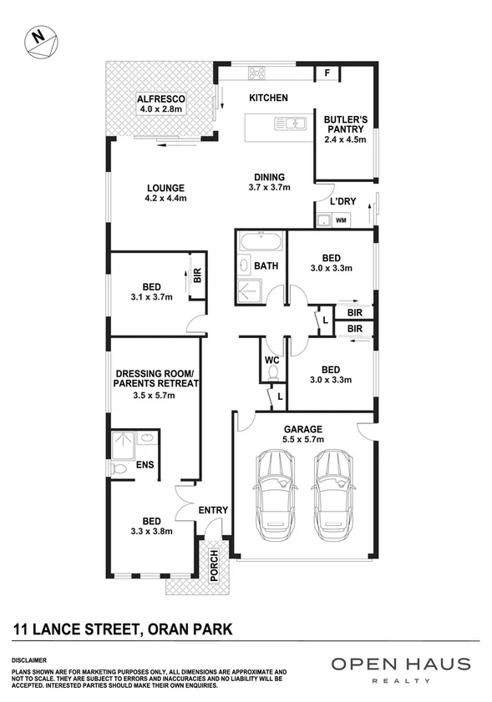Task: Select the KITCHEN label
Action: coord(268,98)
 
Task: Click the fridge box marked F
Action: coord(327,73)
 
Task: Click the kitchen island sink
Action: coord(292,124)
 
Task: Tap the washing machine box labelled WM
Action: coord(340,220)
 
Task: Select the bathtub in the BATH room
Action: coord(261,244)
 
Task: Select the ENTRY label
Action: coord(212,510)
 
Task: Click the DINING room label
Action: coord(266,177)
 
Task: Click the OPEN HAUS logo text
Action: coord(400,664)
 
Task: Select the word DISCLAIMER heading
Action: coord(29,659)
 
